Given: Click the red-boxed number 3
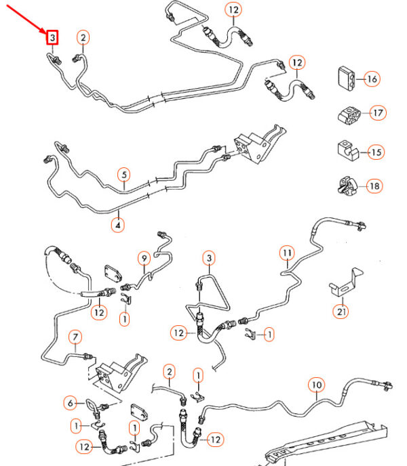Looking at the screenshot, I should (52, 37).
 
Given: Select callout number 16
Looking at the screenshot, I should (371, 79).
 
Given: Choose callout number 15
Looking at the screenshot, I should (375, 152).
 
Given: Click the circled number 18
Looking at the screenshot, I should (373, 185).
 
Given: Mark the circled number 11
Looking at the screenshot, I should (288, 254).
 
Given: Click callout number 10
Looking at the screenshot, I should (316, 386).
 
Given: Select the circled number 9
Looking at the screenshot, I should (144, 257).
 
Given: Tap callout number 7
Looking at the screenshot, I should (75, 337).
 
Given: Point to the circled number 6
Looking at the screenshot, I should (70, 403).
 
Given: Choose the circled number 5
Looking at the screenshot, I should (123, 175).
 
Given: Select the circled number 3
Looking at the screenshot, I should (209, 258).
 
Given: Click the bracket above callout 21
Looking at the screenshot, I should (343, 284).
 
